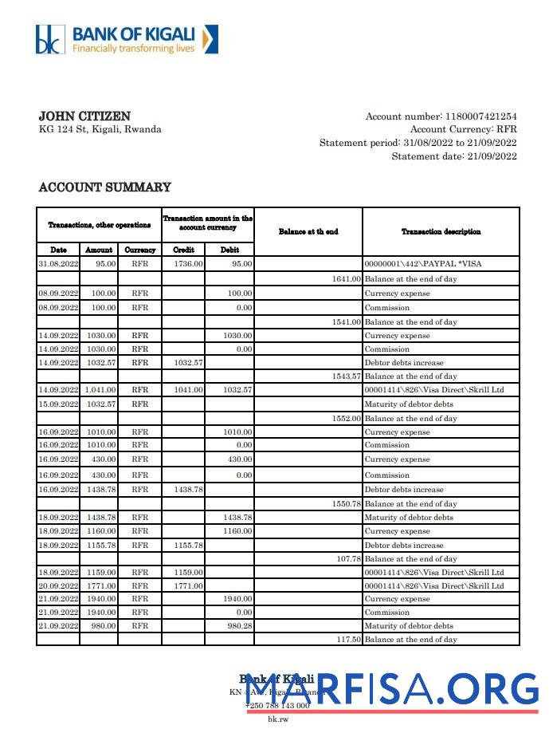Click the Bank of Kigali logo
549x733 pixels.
pos(126,39)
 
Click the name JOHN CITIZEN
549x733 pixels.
pos(84,116)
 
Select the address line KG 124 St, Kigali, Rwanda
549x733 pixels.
pos(100,129)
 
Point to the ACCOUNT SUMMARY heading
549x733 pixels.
pos(104,187)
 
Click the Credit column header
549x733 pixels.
pos(183,250)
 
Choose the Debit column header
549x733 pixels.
pos(229,250)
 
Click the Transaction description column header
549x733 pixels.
pos(441,231)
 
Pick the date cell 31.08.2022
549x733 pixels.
pos(58,263)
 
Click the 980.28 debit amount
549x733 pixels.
pos(239,625)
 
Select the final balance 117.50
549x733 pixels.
pos(348,640)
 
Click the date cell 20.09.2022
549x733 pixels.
pos(58,585)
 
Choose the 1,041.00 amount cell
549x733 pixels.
pos(100,390)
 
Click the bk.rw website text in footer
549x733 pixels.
pos(277,719)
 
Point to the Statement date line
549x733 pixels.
pos(453,156)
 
